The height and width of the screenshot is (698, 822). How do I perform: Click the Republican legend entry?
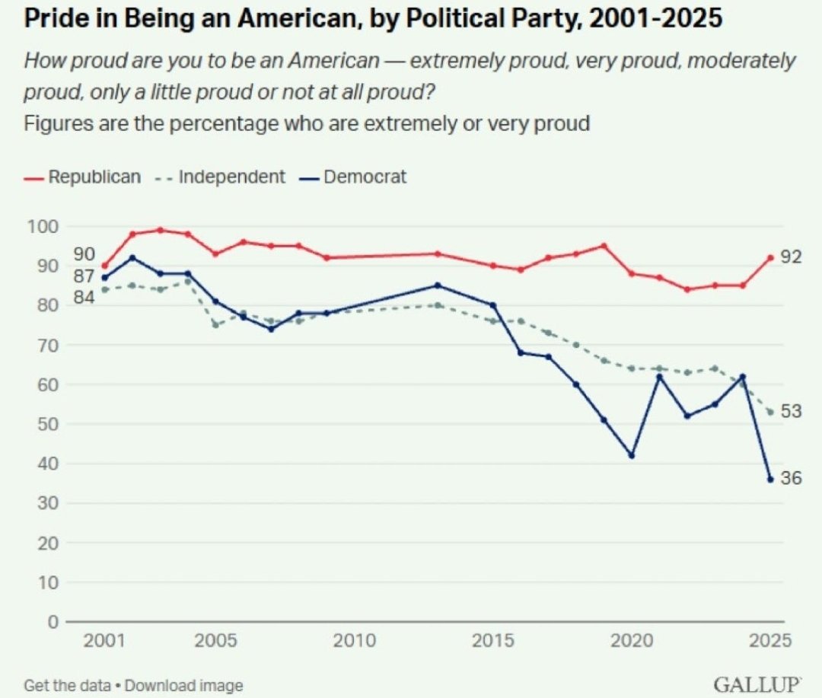pyautogui.click(x=82, y=177)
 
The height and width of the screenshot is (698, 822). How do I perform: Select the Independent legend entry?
pyautogui.click(x=220, y=177)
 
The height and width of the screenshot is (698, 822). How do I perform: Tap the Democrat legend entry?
pyautogui.click(x=353, y=177)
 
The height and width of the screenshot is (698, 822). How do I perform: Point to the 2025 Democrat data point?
pyautogui.click(x=770, y=480)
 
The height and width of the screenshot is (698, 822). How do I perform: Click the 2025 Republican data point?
pyautogui.click(x=770, y=257)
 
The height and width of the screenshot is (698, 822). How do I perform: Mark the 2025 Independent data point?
pyautogui.click(x=770, y=412)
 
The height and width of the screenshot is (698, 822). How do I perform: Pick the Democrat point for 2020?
pyautogui.click(x=632, y=455)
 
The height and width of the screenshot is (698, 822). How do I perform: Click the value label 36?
pyautogui.click(x=791, y=478)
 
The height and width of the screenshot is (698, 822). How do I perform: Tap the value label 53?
pyautogui.click(x=791, y=410)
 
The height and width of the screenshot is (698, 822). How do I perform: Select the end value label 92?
pyautogui.click(x=791, y=257)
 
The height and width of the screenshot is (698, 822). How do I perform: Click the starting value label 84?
pyautogui.click(x=84, y=298)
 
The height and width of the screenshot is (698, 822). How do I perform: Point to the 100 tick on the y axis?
pyautogui.click(x=43, y=227)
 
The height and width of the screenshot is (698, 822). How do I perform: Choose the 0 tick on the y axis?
pyautogui.click(x=53, y=622)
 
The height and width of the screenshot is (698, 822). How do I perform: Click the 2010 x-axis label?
pyautogui.click(x=355, y=640)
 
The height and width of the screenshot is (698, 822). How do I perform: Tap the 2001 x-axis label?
pyautogui.click(x=104, y=640)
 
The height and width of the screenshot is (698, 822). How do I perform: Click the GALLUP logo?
pyautogui.click(x=757, y=684)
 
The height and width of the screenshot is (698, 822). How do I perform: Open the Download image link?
pyautogui.click(x=184, y=685)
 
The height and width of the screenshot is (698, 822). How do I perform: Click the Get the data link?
pyautogui.click(x=67, y=685)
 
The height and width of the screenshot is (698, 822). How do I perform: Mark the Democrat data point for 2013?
pyautogui.click(x=438, y=285)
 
